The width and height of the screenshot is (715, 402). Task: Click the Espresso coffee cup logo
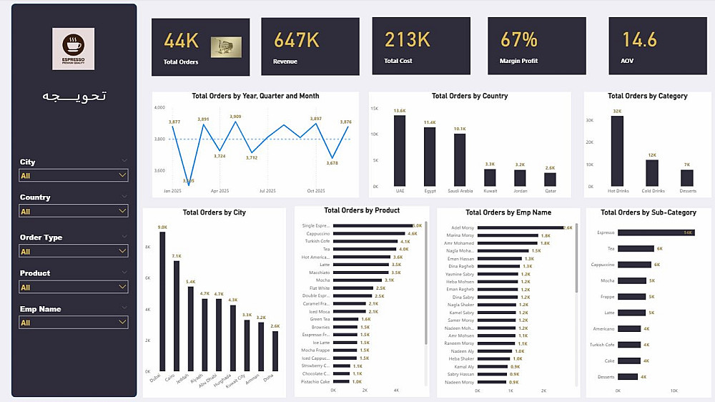click(x=73, y=48)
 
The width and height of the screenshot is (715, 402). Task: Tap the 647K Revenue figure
click(x=296, y=40)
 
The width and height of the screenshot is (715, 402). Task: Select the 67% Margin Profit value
click(x=518, y=39)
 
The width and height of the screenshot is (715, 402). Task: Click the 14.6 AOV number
click(x=639, y=39)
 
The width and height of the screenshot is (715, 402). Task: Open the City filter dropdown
click(x=74, y=175)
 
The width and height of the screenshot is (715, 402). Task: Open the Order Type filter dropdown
click(x=74, y=252)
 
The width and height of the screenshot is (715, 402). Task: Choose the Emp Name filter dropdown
click(x=74, y=323)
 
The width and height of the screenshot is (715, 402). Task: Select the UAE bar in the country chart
click(x=400, y=150)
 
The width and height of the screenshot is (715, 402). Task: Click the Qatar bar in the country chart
click(x=550, y=179)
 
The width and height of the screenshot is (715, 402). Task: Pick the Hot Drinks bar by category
click(x=616, y=151)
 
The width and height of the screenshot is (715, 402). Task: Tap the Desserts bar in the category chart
click(x=686, y=177)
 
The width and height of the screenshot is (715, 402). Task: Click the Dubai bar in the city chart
click(x=162, y=300)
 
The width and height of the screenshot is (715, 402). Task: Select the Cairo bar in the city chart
click(x=176, y=315)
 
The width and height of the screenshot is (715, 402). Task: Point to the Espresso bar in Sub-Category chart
click(x=656, y=232)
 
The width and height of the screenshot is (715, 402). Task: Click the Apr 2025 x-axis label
click(x=220, y=191)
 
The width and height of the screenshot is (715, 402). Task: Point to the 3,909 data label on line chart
click(x=235, y=117)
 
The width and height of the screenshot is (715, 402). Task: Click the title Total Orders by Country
click(x=470, y=96)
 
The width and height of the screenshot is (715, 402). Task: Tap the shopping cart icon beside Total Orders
click(x=225, y=47)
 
